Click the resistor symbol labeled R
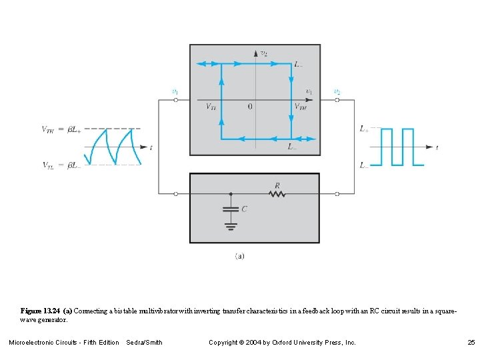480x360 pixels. (277, 194)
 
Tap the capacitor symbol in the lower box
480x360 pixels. (231, 209)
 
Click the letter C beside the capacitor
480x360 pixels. (244, 209)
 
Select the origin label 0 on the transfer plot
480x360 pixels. (250, 107)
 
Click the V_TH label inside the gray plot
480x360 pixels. (301, 107)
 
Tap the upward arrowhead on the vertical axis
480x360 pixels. (256, 52)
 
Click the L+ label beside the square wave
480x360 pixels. (364, 129)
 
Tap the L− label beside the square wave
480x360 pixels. (364, 165)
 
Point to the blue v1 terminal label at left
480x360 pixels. (175, 91)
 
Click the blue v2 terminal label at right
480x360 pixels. (337, 91)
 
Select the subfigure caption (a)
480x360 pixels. (239, 255)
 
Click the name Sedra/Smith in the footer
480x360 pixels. (144, 342)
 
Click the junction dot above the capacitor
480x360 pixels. (231, 194)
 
